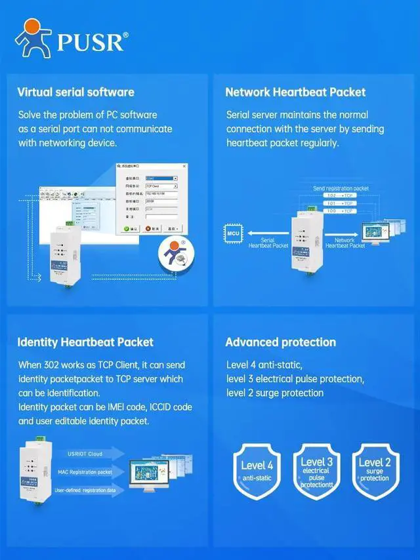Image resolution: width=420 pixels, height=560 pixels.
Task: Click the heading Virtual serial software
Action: pyautogui.click(x=75, y=92)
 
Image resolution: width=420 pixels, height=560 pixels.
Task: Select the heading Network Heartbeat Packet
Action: pyautogui.click(x=295, y=92)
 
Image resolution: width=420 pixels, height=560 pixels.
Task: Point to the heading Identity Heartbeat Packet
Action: pyautogui.click(x=85, y=342)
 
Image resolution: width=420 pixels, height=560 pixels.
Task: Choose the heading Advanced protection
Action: pyautogui.click(x=280, y=342)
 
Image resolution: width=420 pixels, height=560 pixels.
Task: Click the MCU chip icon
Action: pyautogui.click(x=233, y=232)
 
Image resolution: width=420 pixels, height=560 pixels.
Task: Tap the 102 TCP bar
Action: pyautogui.click(x=341, y=196)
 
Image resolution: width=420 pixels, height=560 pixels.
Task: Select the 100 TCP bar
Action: pyautogui.click(x=341, y=210)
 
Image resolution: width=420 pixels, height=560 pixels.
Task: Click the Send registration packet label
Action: pyautogui.click(x=341, y=188)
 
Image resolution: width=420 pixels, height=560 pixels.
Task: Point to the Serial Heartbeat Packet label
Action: pyautogui.click(x=268, y=243)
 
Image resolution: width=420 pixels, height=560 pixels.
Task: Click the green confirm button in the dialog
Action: pyautogui.click(x=131, y=229)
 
